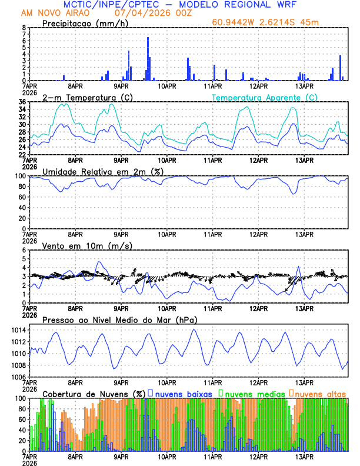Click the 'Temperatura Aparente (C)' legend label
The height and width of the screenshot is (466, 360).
(264, 97)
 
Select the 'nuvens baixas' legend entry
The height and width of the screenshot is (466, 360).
(180, 393)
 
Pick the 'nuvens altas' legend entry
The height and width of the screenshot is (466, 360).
(320, 393)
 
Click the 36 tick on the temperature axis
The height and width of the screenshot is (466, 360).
(22, 102)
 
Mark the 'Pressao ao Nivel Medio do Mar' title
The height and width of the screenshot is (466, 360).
(119, 319)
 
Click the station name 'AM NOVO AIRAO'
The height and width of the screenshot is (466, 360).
(50, 12)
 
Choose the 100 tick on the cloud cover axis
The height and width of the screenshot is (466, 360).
(20, 398)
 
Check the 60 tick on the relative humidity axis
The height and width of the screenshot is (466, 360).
(22, 197)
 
